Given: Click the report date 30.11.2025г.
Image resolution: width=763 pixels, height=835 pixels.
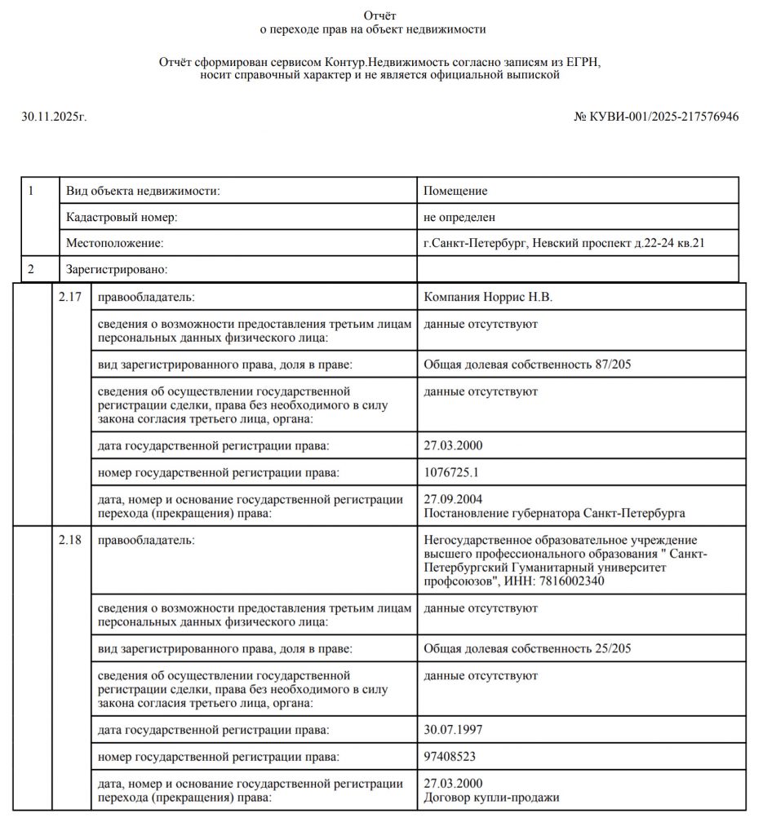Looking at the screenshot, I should click(x=54, y=117).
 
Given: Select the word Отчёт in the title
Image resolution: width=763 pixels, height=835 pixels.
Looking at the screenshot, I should click(x=380, y=15).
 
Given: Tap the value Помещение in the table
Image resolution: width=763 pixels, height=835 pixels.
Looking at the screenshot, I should click(x=455, y=191).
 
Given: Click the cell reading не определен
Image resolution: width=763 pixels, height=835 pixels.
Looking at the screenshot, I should click(x=459, y=217).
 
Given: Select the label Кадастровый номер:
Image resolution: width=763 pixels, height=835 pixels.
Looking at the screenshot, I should click(x=122, y=217).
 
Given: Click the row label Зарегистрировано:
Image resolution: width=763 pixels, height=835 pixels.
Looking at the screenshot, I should click(x=116, y=269).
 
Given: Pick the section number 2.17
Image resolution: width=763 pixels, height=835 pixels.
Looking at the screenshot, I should click(x=70, y=297).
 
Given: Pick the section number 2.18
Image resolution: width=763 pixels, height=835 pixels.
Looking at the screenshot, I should click(x=70, y=540).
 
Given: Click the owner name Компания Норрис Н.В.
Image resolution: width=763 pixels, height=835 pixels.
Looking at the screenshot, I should click(x=488, y=297).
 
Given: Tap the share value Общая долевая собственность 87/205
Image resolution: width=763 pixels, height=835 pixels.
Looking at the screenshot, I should click(x=527, y=364).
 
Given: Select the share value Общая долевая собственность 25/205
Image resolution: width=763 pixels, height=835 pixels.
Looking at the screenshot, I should click(x=527, y=648).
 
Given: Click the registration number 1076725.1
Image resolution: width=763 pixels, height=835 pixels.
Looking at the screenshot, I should click(x=451, y=472).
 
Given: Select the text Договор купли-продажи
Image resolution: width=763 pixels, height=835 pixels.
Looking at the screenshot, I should click(x=492, y=797).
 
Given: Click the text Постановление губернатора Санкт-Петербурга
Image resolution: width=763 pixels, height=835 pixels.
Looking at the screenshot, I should click(x=554, y=513).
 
